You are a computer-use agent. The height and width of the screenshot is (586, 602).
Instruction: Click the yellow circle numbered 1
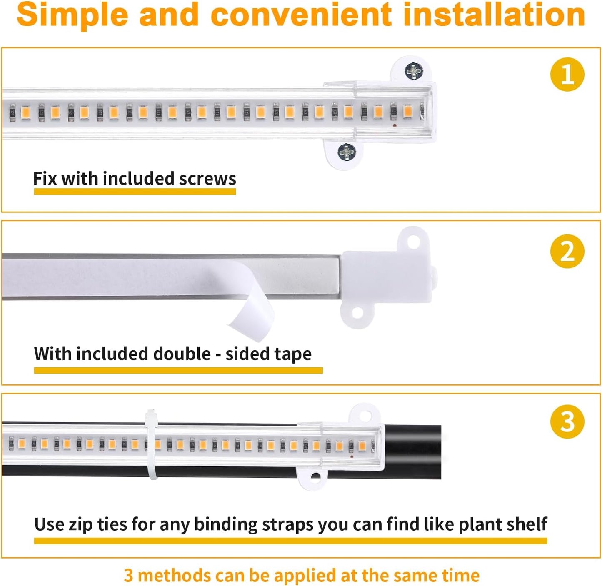point(567,75)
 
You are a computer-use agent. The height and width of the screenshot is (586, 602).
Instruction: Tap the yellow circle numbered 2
point(567,252)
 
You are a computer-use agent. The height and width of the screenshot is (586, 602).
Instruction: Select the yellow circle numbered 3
point(567,421)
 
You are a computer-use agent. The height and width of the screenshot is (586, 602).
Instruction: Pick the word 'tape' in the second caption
point(294,354)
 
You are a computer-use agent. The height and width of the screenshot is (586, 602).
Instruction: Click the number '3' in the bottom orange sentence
point(129,576)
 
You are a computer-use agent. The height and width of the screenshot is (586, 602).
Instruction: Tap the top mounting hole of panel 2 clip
point(413,241)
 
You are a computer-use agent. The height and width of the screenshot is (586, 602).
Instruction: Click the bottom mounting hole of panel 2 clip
point(357,313)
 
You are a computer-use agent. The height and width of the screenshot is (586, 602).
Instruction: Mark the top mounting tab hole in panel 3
point(365,415)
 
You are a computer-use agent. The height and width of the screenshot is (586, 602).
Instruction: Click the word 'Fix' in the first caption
point(45,179)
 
